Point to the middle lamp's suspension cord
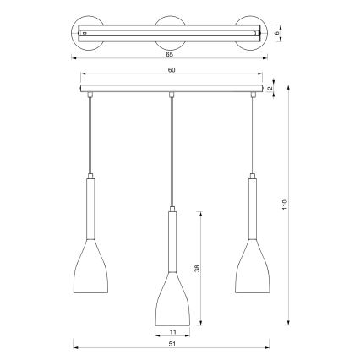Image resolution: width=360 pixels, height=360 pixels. [172, 152]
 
